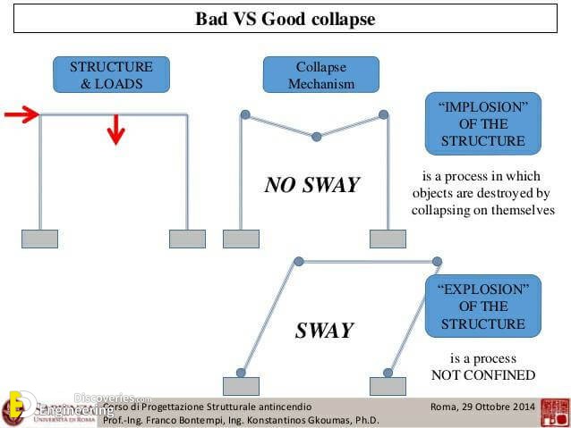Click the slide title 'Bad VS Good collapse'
tap(285, 19)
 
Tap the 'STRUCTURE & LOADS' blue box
tap(111, 75)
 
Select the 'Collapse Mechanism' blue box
tap(320, 75)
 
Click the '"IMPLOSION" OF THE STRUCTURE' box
tap(482, 124)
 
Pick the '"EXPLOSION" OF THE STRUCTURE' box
tap(482, 306)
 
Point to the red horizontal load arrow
tap(21, 114)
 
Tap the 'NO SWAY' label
tap(311, 185)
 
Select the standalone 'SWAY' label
tap(324, 331)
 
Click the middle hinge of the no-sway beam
tap(316, 137)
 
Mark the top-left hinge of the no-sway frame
tap(243, 114)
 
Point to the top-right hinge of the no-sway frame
tap(383, 114)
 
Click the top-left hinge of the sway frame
tap(299, 261)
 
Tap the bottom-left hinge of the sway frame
tap(240, 373)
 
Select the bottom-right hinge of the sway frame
tap(388, 373)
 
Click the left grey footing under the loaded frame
tap(39, 239)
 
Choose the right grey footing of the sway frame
tap(388, 386)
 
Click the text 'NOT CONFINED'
tap(482, 374)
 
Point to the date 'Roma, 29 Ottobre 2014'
tap(482, 407)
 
